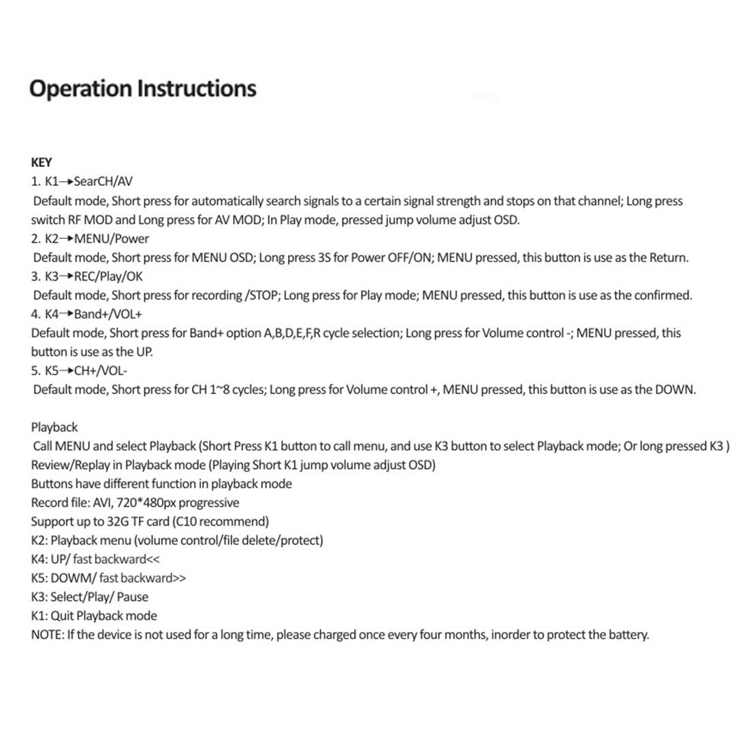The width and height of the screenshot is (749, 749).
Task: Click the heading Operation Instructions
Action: [143, 89]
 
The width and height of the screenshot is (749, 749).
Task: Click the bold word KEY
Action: [41, 162]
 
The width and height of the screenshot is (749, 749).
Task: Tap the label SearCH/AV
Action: [103, 181]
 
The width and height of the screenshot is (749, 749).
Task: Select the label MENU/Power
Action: [112, 238]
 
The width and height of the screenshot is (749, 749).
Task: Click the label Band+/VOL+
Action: [108, 314]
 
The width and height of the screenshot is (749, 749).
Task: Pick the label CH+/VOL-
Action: [101, 370]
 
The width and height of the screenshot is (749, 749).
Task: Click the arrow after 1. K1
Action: [66, 182]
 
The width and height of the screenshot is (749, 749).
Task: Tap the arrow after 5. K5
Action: [67, 371]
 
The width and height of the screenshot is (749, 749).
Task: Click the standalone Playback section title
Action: [54, 427]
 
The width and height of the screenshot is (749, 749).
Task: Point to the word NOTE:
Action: [47, 635]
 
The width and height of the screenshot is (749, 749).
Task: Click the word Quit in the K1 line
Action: [62, 616]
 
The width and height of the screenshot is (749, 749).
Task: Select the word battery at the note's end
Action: [628, 635]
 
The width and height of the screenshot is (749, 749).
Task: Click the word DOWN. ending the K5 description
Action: [675, 389]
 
